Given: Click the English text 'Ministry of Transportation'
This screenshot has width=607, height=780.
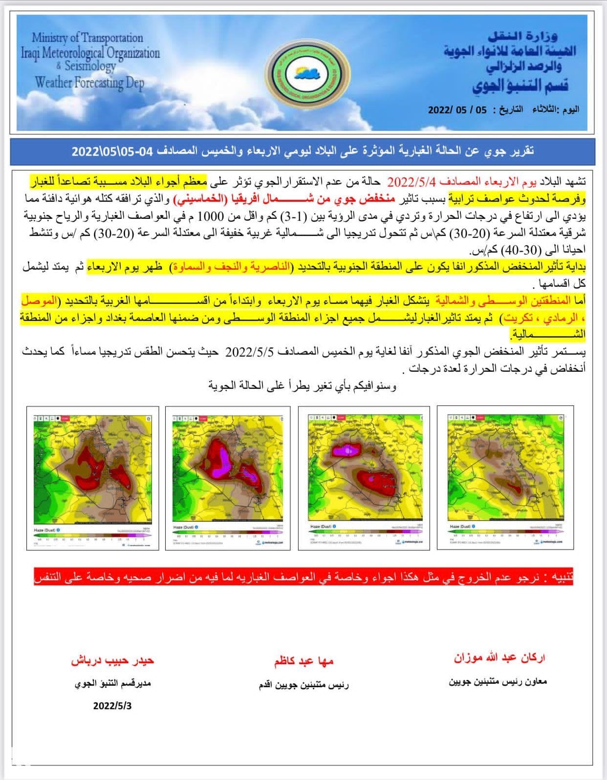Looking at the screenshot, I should (x=87, y=38).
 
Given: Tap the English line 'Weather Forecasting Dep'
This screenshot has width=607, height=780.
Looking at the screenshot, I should (x=89, y=83).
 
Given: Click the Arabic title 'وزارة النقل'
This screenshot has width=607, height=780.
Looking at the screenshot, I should (x=523, y=36).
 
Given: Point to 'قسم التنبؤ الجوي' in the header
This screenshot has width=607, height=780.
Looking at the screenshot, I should (x=520, y=85).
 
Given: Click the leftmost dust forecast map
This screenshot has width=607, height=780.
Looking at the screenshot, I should (x=93, y=478).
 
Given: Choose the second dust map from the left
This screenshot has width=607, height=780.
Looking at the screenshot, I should (x=228, y=478).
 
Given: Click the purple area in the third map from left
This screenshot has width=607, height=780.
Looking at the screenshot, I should (x=347, y=450).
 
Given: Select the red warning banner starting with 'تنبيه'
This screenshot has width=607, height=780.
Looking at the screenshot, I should (x=303, y=576).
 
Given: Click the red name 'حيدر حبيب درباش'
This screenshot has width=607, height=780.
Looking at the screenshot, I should (x=112, y=660).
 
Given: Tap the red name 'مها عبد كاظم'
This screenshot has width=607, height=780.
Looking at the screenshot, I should (x=303, y=661).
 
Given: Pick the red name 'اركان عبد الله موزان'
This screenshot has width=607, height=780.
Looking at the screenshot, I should (x=499, y=657).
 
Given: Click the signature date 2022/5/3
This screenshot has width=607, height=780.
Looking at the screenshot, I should (x=112, y=706).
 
